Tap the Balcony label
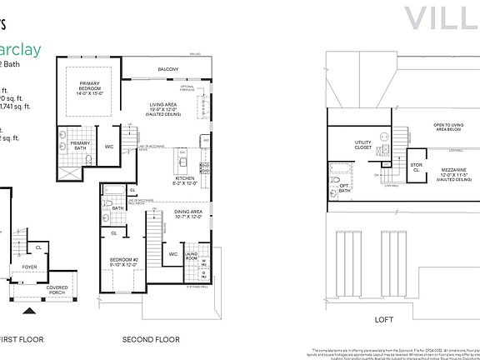click(x=168, y=68)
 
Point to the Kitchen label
click(x=184, y=180)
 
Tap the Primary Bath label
click(x=80, y=145)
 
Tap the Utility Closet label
click(x=363, y=146)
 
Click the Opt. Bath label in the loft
click(x=345, y=188)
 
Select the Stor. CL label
click(x=393, y=167)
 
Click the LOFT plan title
click(x=383, y=318)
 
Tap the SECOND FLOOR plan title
click(x=151, y=339)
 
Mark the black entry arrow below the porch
click(x=31, y=312)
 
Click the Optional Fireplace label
click(x=187, y=89)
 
